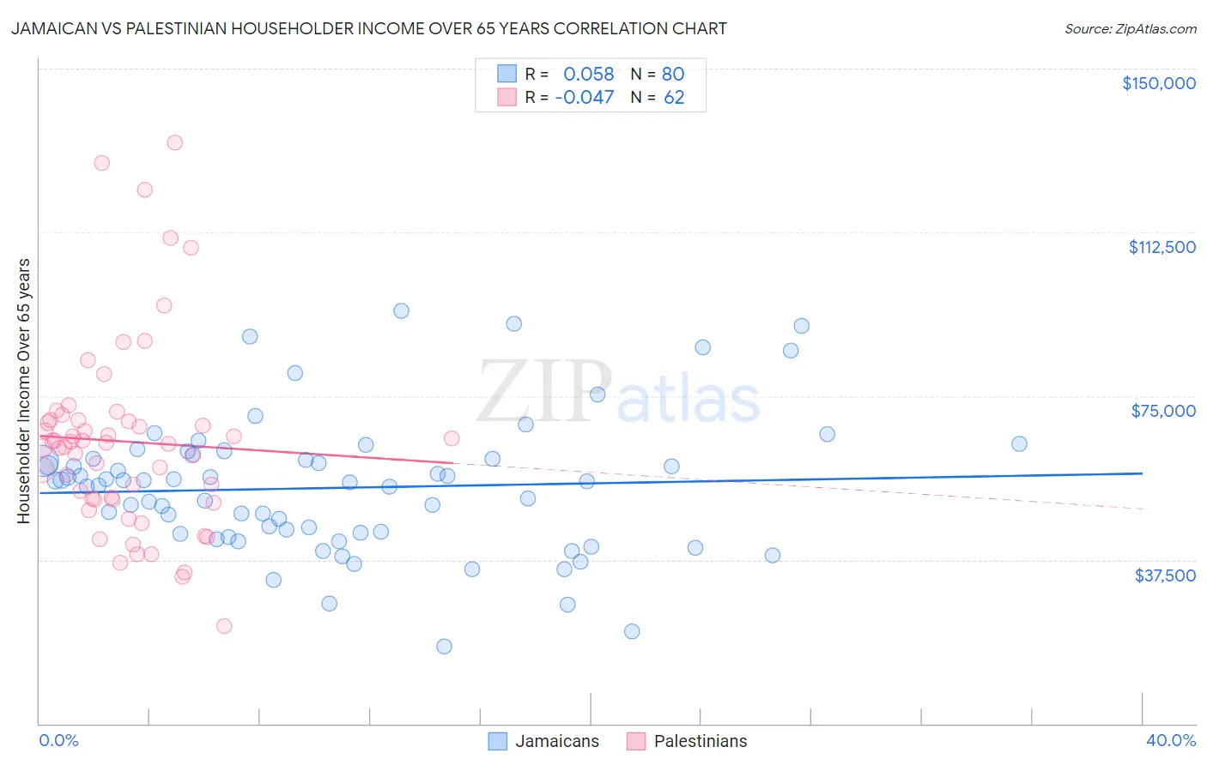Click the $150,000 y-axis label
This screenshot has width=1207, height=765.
point(1158,83)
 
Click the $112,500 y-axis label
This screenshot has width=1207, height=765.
point(1162,247)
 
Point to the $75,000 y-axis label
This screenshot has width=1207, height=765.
point(1163,411)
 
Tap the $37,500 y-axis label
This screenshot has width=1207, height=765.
point(1165,575)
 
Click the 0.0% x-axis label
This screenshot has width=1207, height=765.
point(58,740)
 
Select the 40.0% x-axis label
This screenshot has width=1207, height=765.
point(1170,740)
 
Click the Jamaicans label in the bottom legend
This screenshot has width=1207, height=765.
point(557,741)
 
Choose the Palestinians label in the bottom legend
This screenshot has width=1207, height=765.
point(701,741)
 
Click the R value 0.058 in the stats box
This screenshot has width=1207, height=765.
point(588,74)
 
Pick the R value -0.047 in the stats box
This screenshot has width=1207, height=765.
point(585,97)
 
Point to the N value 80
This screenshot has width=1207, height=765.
point(673,74)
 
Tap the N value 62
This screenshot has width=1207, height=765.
point(674,97)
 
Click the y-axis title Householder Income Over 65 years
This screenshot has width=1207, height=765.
point(24,391)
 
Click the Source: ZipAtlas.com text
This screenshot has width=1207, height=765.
point(1130,29)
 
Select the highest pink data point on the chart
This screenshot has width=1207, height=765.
point(174,142)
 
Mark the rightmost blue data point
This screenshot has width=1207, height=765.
point(1019,443)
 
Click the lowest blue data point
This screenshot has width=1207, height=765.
point(444,646)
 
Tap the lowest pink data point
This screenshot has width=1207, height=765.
point(224,625)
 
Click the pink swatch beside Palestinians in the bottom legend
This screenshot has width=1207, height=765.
point(635,741)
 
